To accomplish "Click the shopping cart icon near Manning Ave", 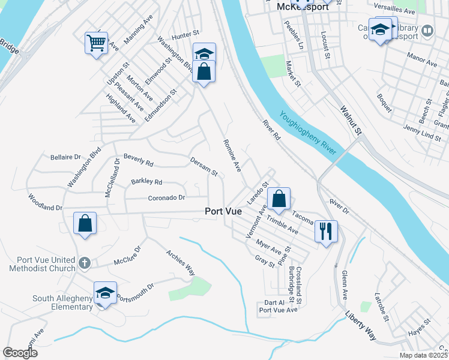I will [x=96, y=43].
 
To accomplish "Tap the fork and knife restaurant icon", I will [x=326, y=231].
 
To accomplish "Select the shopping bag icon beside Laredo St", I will [x=279, y=198].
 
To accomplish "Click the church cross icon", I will [x=85, y=262].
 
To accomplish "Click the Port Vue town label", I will [x=223, y=211].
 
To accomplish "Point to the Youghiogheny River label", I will [x=306, y=133].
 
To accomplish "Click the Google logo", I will [x=20, y=353].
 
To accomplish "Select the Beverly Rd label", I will [x=139, y=160].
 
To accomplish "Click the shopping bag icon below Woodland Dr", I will [x=85, y=224].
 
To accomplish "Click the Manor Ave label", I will [x=422, y=61].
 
